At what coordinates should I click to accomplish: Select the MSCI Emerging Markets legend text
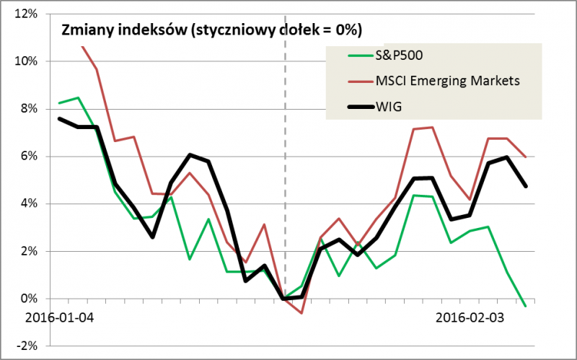446,82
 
